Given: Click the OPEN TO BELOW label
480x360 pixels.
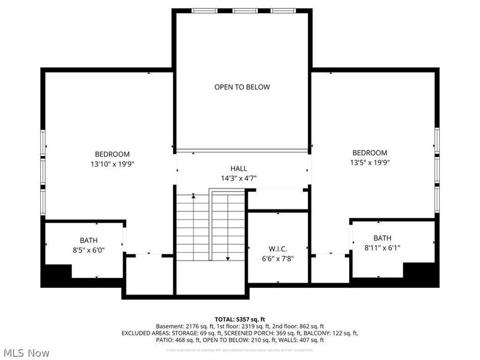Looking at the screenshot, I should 242,87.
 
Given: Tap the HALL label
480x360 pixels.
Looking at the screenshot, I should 238,169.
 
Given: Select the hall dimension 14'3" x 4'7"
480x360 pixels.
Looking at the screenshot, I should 238,178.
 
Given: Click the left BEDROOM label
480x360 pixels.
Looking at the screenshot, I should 112,154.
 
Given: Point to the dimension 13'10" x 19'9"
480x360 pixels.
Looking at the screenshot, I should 112,164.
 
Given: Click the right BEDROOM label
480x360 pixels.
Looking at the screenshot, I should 370,153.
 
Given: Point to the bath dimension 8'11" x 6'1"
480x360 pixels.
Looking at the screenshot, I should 382,247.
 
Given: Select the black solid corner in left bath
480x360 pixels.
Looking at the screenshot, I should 55,275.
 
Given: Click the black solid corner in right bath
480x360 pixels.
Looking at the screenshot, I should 421,273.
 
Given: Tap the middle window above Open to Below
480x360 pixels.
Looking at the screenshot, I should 242,11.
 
